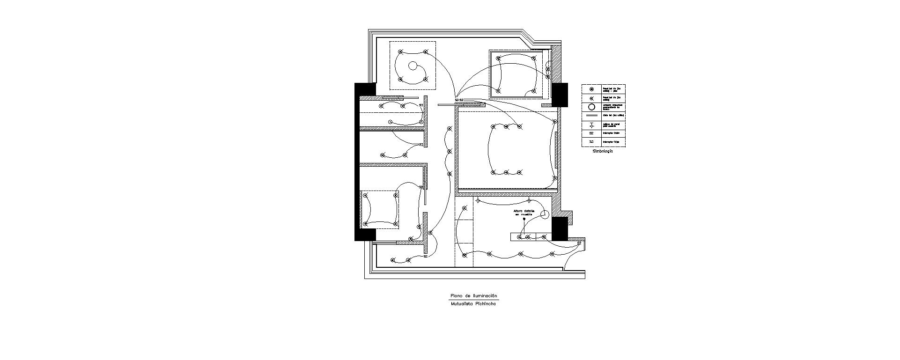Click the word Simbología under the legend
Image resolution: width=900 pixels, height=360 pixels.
click(602, 151)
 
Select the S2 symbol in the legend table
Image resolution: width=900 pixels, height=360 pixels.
click(591, 133)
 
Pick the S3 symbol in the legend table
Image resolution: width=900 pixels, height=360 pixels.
click(591, 141)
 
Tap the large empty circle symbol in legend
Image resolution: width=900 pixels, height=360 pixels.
click(592, 107)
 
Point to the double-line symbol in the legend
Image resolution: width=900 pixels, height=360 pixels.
click(592, 115)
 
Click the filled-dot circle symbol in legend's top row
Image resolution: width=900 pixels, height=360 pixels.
click(592, 89)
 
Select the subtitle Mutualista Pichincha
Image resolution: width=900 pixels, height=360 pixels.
click(473, 303)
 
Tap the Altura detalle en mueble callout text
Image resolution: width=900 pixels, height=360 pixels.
click(524, 213)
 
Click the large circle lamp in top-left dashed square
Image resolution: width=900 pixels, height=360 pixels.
click(85, 66)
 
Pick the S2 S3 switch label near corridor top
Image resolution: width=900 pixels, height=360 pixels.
click(459, 100)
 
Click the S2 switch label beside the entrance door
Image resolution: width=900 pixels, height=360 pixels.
click(579, 243)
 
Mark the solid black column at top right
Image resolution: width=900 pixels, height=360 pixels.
click(560, 95)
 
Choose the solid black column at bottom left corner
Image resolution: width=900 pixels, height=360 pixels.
click(365, 234)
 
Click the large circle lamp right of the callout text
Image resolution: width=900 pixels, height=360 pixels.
click(545, 215)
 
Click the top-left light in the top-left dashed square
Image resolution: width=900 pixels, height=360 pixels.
click(73, 52)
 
